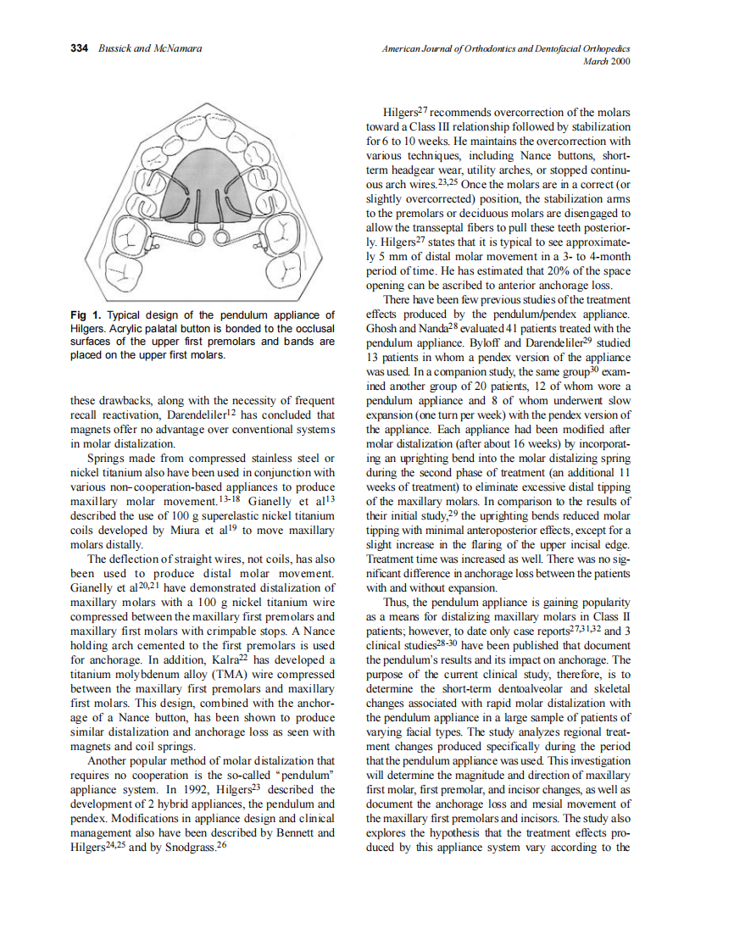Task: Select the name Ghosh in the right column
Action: [383, 328]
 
